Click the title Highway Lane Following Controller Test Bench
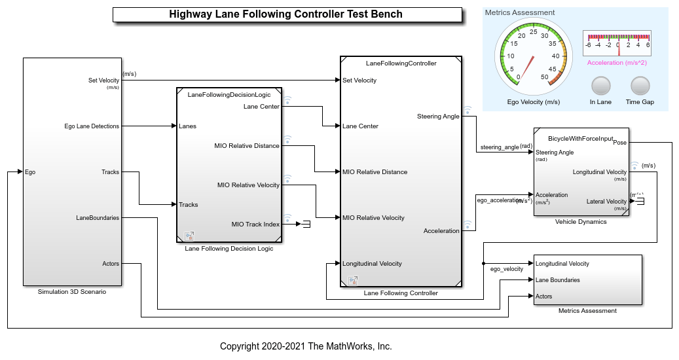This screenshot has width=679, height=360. pyautogui.click(x=285, y=14)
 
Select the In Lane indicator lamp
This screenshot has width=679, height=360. pyautogui.click(x=600, y=86)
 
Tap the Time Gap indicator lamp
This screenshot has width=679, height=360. pyautogui.click(x=640, y=86)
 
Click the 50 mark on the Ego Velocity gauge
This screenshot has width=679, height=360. pyautogui.click(x=544, y=77)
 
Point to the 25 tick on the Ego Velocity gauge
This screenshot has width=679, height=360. pyautogui.click(x=533, y=32)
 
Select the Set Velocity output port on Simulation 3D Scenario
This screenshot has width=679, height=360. pyautogui.click(x=104, y=81)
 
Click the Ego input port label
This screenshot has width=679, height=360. pyautogui.click(x=30, y=172)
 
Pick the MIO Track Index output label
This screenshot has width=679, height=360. pyautogui.click(x=255, y=225)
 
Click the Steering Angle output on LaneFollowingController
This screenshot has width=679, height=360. pyautogui.click(x=438, y=117)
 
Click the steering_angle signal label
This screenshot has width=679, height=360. pyautogui.click(x=499, y=147)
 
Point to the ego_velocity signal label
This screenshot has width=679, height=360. pyautogui.click(x=507, y=269)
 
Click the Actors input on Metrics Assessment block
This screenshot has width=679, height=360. pyautogui.click(x=543, y=297)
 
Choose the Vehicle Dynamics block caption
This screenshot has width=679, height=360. pyautogui.click(x=580, y=222)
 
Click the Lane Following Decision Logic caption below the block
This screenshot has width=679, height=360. pyautogui.click(x=229, y=248)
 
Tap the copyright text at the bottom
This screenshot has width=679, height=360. pyautogui.click(x=306, y=346)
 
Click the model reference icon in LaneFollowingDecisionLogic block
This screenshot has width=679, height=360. pyautogui.click(x=189, y=236)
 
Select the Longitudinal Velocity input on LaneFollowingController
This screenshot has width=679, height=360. pyautogui.click(x=372, y=264)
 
